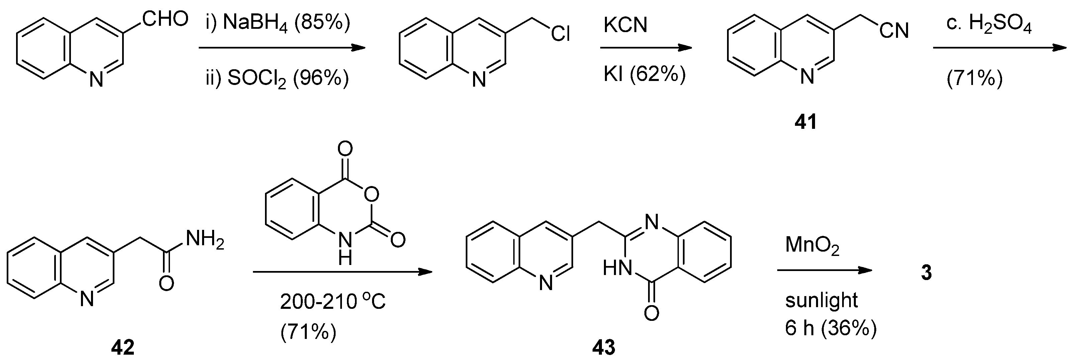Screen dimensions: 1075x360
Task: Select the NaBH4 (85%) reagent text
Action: point(286,23)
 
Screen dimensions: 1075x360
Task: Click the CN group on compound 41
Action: point(894,30)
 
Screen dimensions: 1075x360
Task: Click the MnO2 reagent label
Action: point(812,245)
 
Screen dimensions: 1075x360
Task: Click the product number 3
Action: point(926,273)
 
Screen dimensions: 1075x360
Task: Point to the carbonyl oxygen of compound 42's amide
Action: point(166,284)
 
